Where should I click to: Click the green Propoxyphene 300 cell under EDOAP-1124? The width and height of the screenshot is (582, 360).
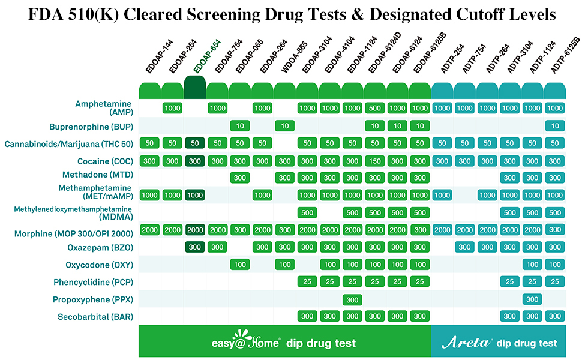point(352,299)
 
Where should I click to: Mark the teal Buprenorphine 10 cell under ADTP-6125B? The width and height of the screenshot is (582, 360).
point(555,126)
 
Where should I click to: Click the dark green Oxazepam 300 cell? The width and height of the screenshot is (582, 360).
point(194,247)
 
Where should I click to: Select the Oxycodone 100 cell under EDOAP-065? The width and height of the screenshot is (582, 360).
point(240,265)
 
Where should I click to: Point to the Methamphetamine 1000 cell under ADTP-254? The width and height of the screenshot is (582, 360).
point(442,195)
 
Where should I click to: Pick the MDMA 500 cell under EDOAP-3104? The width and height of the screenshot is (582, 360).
point(307,212)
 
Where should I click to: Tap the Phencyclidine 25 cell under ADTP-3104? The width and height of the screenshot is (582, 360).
point(510,282)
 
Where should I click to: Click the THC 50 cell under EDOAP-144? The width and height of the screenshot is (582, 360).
point(150,143)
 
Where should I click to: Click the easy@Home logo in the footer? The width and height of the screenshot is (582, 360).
point(246,342)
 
